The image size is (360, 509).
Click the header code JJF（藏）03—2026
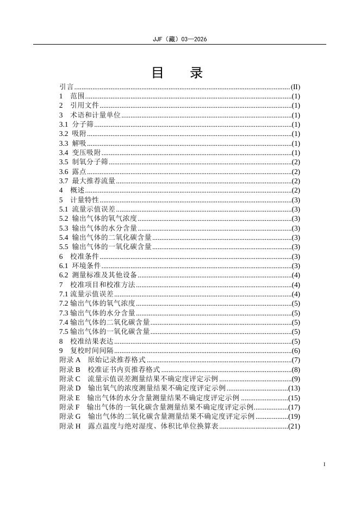179,39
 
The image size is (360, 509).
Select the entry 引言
66,86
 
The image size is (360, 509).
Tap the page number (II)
295,86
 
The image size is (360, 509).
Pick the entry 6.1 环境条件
80,265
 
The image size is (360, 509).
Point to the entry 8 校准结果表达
86,341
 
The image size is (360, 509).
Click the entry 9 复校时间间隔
86,351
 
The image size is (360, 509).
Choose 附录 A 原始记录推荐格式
102,360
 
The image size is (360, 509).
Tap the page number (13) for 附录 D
294,388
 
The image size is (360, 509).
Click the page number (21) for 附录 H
294,426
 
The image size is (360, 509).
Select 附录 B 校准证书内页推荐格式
109,370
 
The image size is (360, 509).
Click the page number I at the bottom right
324,464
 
